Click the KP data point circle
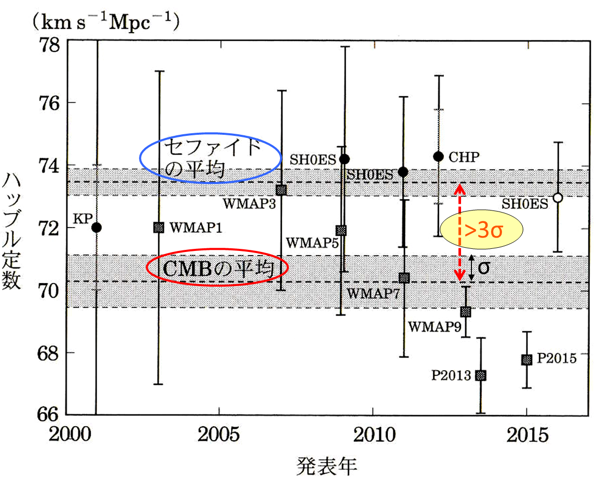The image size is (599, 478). (96, 228)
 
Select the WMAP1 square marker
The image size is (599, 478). (159, 227)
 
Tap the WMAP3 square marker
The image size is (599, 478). (281, 190)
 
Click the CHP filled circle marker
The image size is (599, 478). (439, 156)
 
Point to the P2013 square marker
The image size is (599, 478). (481, 375)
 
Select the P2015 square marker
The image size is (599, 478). (526, 360)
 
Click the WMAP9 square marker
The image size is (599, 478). (466, 312)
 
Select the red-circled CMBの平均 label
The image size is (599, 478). (217, 268)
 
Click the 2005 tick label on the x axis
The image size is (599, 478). (219, 434)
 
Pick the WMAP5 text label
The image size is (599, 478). (310, 242)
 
